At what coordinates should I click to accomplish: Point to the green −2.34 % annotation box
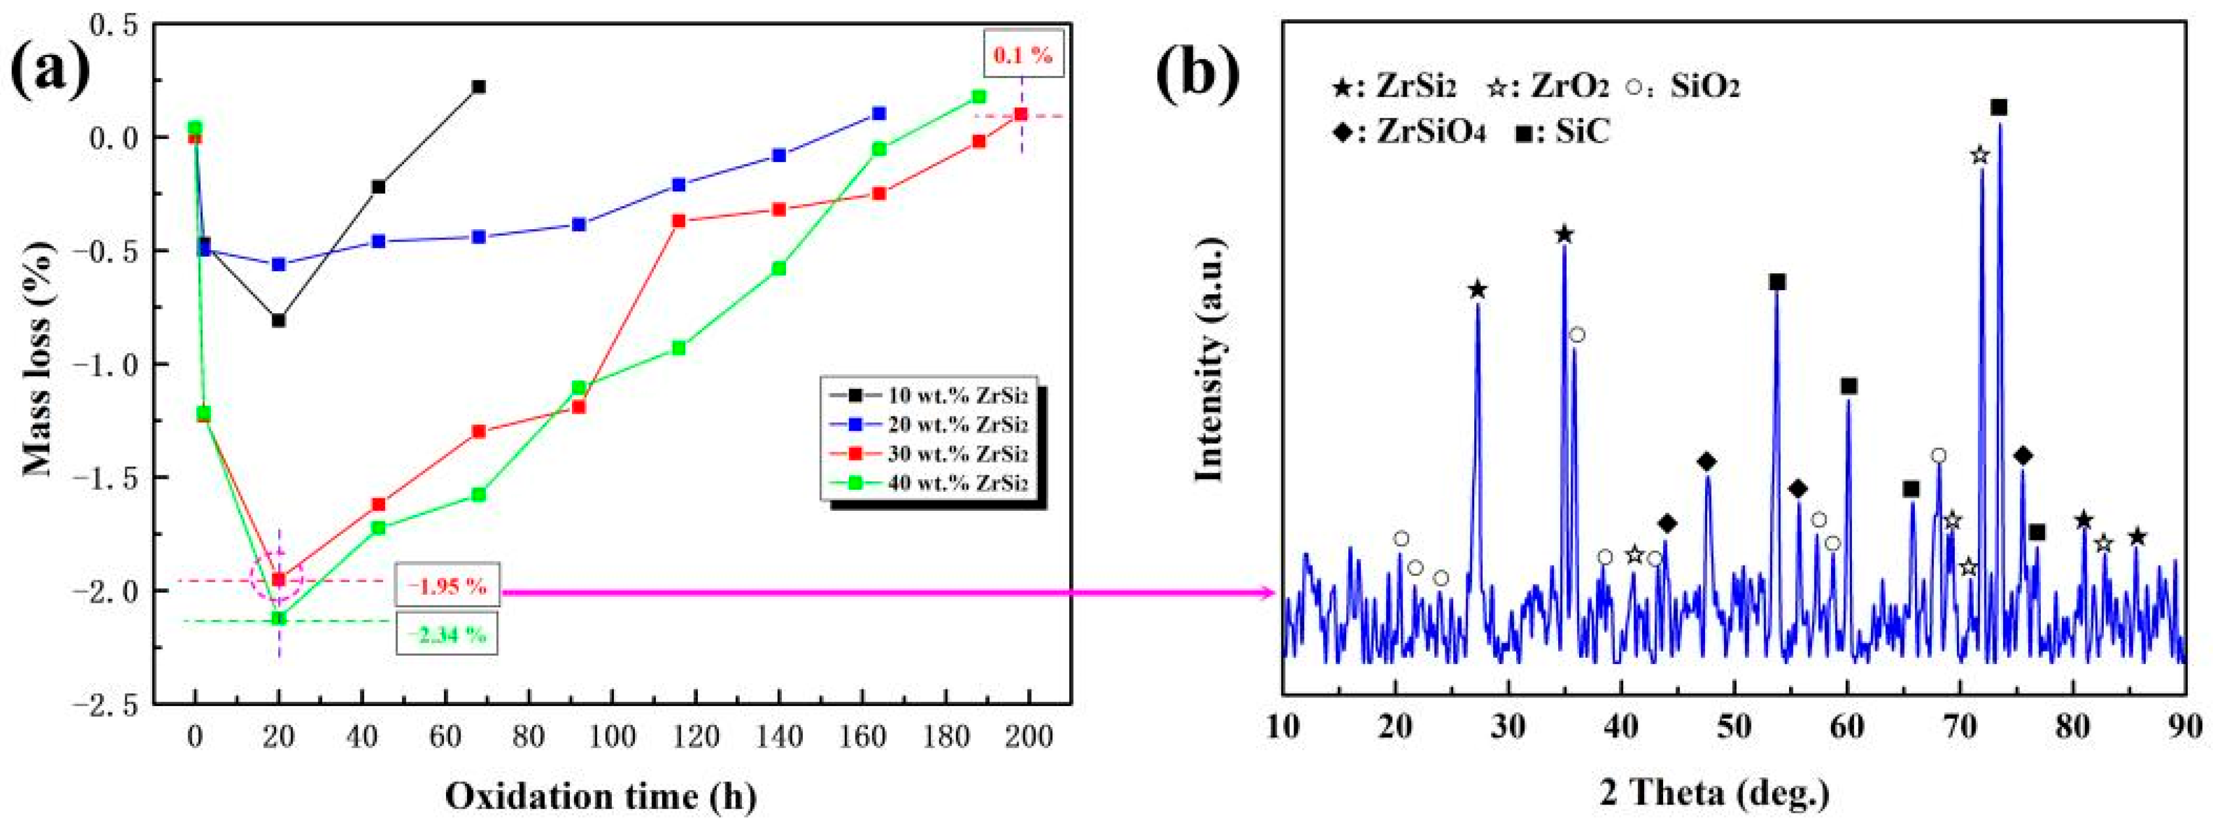click(x=447, y=634)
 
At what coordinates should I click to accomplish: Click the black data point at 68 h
click(x=478, y=87)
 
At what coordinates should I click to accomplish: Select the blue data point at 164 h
click(x=879, y=114)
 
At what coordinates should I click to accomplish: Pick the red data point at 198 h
click(x=1021, y=114)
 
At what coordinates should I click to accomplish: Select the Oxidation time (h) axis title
click(x=600, y=795)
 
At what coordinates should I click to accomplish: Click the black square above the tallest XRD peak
click(x=1999, y=108)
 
